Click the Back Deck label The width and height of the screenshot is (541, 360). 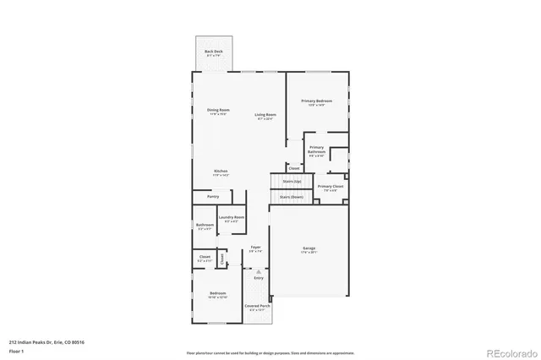[213, 52]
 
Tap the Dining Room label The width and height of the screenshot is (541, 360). [218, 110]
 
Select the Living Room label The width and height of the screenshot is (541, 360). [265, 114]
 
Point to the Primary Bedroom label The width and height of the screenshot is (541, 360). [316, 101]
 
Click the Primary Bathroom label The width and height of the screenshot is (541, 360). [316, 150]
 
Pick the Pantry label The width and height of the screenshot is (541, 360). [213, 196]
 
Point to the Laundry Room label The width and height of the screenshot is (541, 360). [232, 218]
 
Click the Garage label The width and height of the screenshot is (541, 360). [309, 248]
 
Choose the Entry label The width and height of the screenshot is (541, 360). [259, 277]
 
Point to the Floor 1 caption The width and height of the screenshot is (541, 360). [17, 350]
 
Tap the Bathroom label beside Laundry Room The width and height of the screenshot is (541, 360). [205, 225]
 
